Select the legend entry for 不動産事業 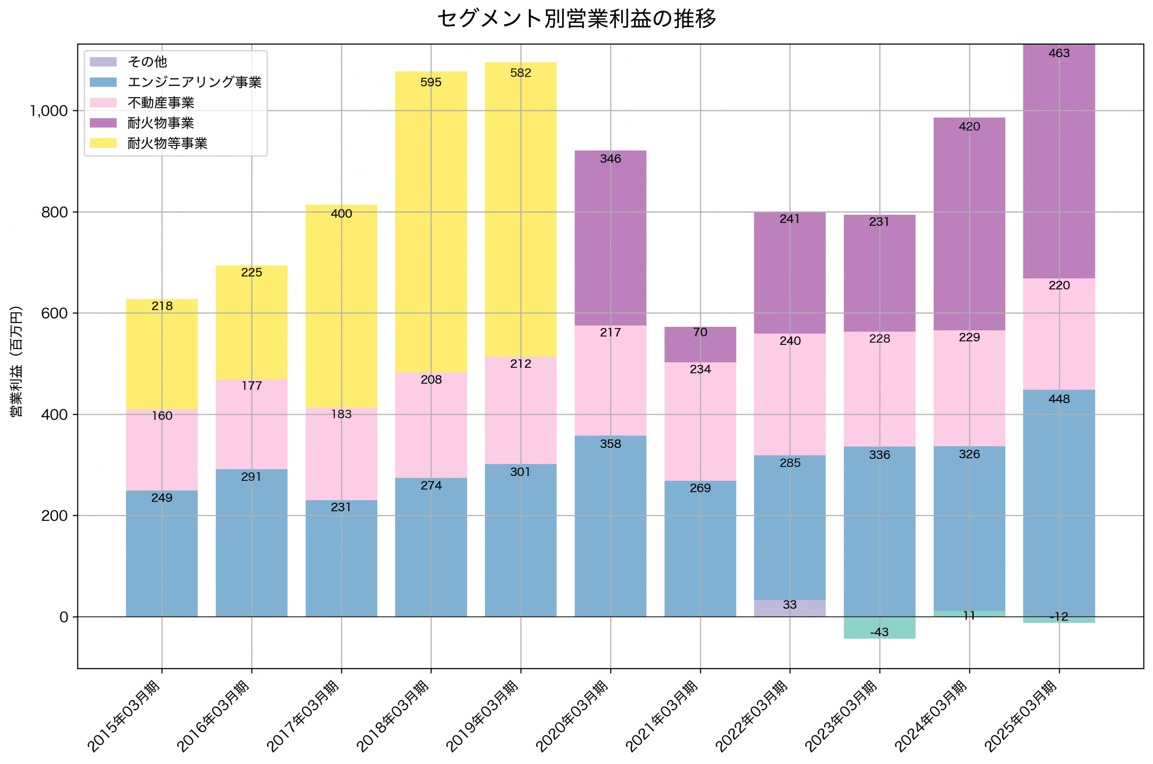[161, 102]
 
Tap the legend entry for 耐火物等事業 [167, 143]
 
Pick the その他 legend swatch [103, 62]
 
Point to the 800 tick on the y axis [54, 212]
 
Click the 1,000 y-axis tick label [49, 111]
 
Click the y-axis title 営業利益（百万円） [16, 362]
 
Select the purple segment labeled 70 [700, 345]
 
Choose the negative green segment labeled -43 [880, 628]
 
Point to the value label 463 [1059, 53]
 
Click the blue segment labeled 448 [1059, 502]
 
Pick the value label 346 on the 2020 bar [611, 159]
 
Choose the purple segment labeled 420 [969, 224]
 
